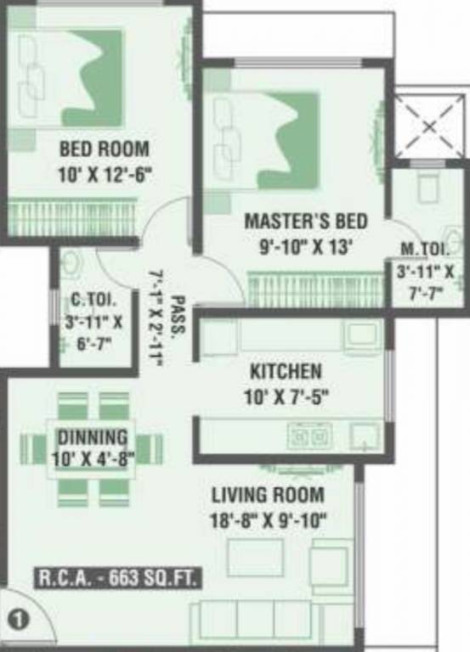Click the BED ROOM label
pos(104,149)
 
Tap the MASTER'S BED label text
pos(306,222)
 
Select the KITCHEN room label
pos(286,371)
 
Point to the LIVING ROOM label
pos(268,495)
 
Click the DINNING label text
pos(93,438)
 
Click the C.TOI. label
pos(93,299)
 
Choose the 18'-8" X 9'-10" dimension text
pos(268,519)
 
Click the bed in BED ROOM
pos(72,76)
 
